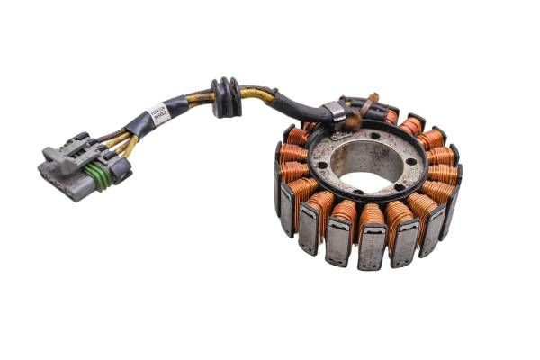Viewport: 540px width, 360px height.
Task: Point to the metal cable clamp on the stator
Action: pos(335,112)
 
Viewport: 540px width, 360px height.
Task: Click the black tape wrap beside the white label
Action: pos(139,121)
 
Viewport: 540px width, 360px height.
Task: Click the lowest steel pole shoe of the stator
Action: pos(372,247)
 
